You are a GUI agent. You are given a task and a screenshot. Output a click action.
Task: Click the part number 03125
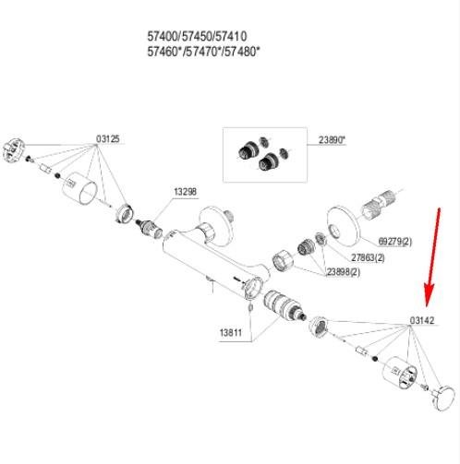(107, 139)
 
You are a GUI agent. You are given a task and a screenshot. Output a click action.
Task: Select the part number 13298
(185, 192)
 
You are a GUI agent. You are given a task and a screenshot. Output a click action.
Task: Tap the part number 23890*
(332, 140)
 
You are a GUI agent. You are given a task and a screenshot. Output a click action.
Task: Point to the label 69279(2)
(394, 242)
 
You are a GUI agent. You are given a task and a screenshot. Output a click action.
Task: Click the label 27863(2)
(368, 257)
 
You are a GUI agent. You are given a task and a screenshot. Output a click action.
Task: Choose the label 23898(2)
(343, 272)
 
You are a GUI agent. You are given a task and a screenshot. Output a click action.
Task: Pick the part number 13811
(231, 332)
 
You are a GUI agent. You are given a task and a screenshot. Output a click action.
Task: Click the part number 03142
(422, 320)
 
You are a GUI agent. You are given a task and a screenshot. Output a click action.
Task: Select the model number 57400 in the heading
(163, 37)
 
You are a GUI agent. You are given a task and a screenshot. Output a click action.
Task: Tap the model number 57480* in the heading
(242, 52)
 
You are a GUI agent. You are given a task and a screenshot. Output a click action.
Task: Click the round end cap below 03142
(443, 399)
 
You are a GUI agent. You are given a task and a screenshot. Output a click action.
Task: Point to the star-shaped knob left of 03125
(13, 149)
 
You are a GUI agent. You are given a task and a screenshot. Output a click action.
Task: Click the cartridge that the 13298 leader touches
(150, 229)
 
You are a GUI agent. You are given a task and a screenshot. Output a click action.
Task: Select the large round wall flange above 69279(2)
(342, 225)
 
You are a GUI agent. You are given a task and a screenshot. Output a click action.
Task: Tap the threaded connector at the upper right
(380, 204)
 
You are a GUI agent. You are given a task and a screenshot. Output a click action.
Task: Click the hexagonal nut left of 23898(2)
(283, 260)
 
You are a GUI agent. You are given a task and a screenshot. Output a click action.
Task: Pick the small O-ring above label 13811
(250, 307)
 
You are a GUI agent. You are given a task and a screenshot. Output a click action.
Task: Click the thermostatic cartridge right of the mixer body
(284, 306)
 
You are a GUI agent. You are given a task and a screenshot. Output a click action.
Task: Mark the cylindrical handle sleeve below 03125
(80, 188)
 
